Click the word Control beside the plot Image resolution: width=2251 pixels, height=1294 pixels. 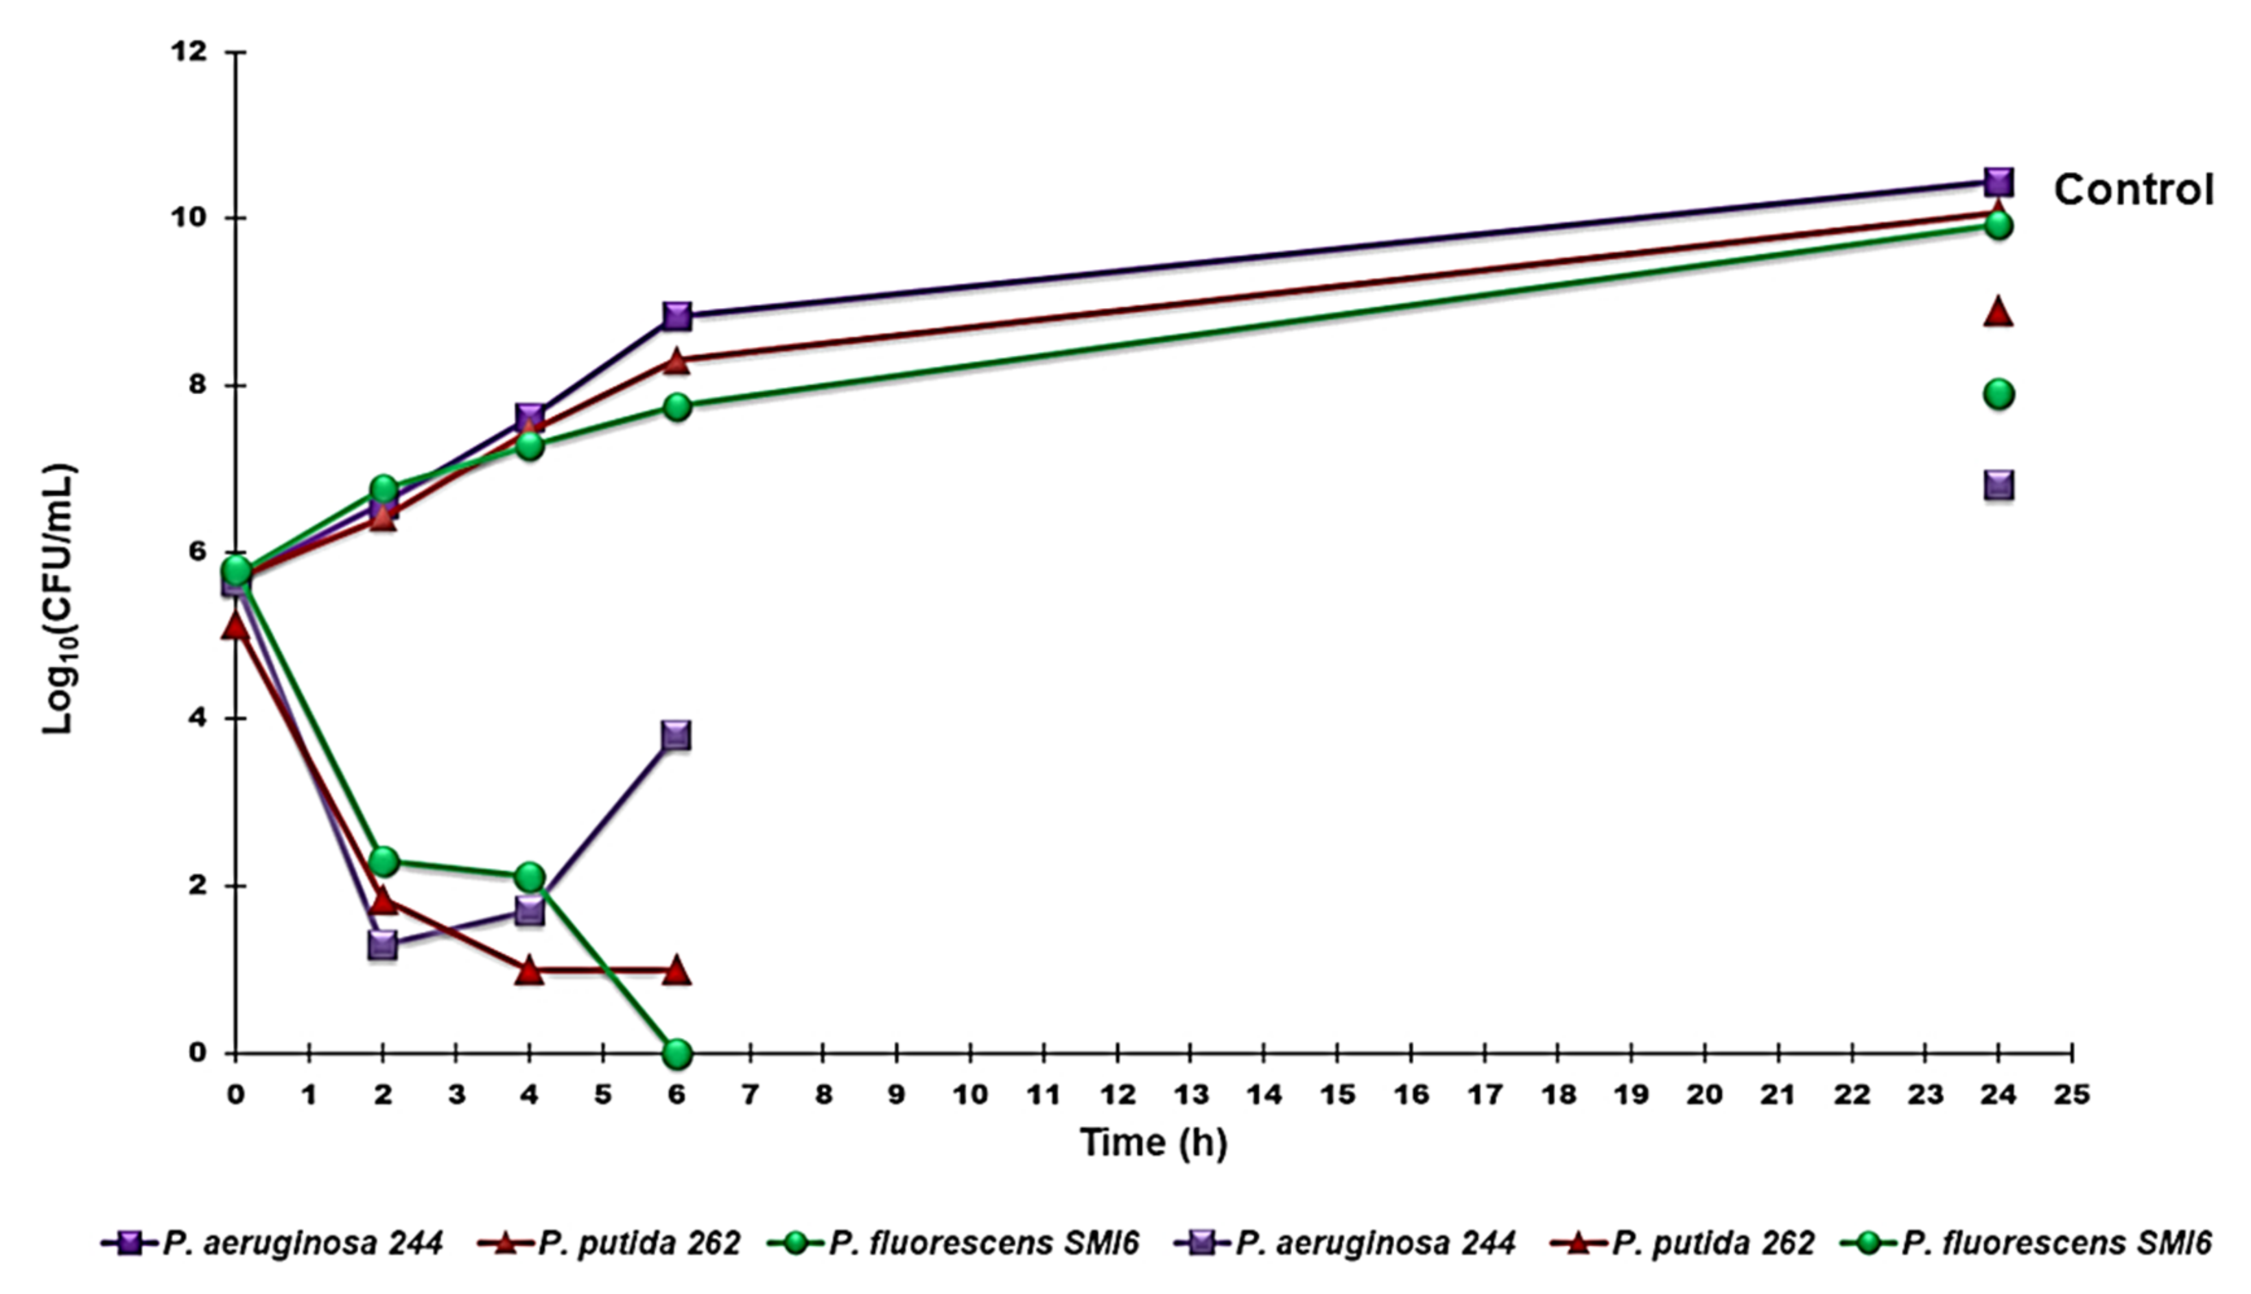(2133, 190)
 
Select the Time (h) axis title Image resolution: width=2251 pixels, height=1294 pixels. (1153, 1142)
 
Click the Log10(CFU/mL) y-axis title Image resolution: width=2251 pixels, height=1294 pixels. (60, 599)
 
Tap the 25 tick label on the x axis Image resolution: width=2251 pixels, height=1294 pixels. (2071, 1094)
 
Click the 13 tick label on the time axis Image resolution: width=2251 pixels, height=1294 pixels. (1189, 1094)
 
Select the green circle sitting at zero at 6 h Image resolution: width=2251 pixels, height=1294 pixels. (676, 1054)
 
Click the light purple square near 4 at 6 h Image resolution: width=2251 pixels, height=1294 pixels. (676, 736)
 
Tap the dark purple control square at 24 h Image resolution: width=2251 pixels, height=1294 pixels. (1999, 182)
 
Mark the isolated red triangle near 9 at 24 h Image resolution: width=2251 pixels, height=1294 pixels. (1999, 312)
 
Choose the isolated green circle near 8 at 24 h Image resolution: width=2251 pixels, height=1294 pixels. (1999, 394)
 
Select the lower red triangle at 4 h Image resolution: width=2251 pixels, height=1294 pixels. (530, 970)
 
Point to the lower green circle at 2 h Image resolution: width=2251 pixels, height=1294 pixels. (383, 861)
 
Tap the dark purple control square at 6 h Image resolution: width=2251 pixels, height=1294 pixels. (676, 316)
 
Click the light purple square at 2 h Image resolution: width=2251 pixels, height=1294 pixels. (383, 945)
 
